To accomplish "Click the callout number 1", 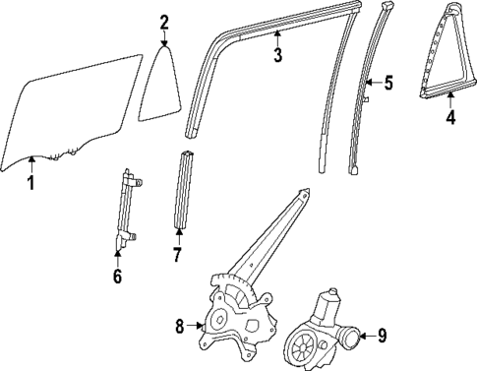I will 30,182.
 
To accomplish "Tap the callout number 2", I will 164,22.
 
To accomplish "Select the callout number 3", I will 278,55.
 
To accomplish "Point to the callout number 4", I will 450,120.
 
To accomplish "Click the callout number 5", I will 388,83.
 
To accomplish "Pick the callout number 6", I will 117,276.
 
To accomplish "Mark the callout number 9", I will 382,337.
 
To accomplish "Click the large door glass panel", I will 69,108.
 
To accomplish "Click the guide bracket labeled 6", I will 126,212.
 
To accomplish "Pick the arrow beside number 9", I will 366,337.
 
